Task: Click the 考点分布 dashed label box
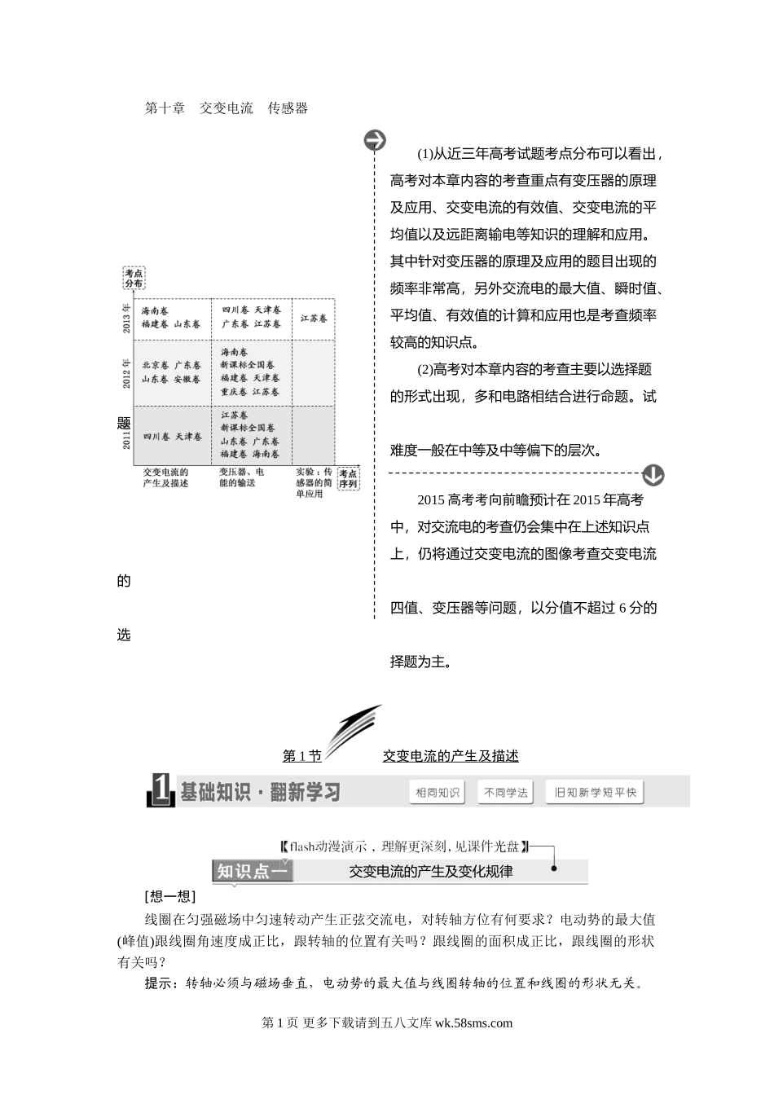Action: [134, 279]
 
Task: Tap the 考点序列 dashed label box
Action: [348, 478]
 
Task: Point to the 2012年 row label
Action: [126, 372]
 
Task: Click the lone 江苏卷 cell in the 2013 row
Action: [313, 318]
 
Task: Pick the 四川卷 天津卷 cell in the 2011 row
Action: [173, 437]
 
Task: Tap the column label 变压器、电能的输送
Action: [242, 477]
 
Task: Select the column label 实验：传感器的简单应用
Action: [314, 482]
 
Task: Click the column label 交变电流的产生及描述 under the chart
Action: [166, 477]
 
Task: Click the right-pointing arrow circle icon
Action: [375, 140]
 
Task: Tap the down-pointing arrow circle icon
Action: [653, 474]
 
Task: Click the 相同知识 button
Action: [438, 792]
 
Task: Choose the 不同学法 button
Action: [505, 792]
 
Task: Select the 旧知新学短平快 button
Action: [595, 792]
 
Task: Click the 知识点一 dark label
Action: [252, 871]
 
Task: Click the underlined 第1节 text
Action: [301, 756]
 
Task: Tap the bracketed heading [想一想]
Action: [169, 897]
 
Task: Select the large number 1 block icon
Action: [161, 790]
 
